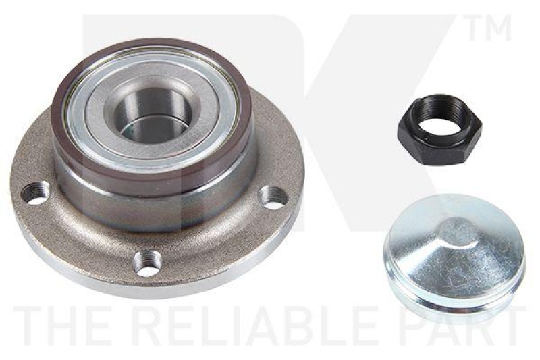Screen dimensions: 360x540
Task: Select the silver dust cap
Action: coord(454,255)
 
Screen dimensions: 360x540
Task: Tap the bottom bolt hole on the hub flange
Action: coord(150,261)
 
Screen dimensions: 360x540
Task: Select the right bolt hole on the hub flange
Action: coord(273,197)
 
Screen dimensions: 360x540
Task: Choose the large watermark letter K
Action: coord(378,101)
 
